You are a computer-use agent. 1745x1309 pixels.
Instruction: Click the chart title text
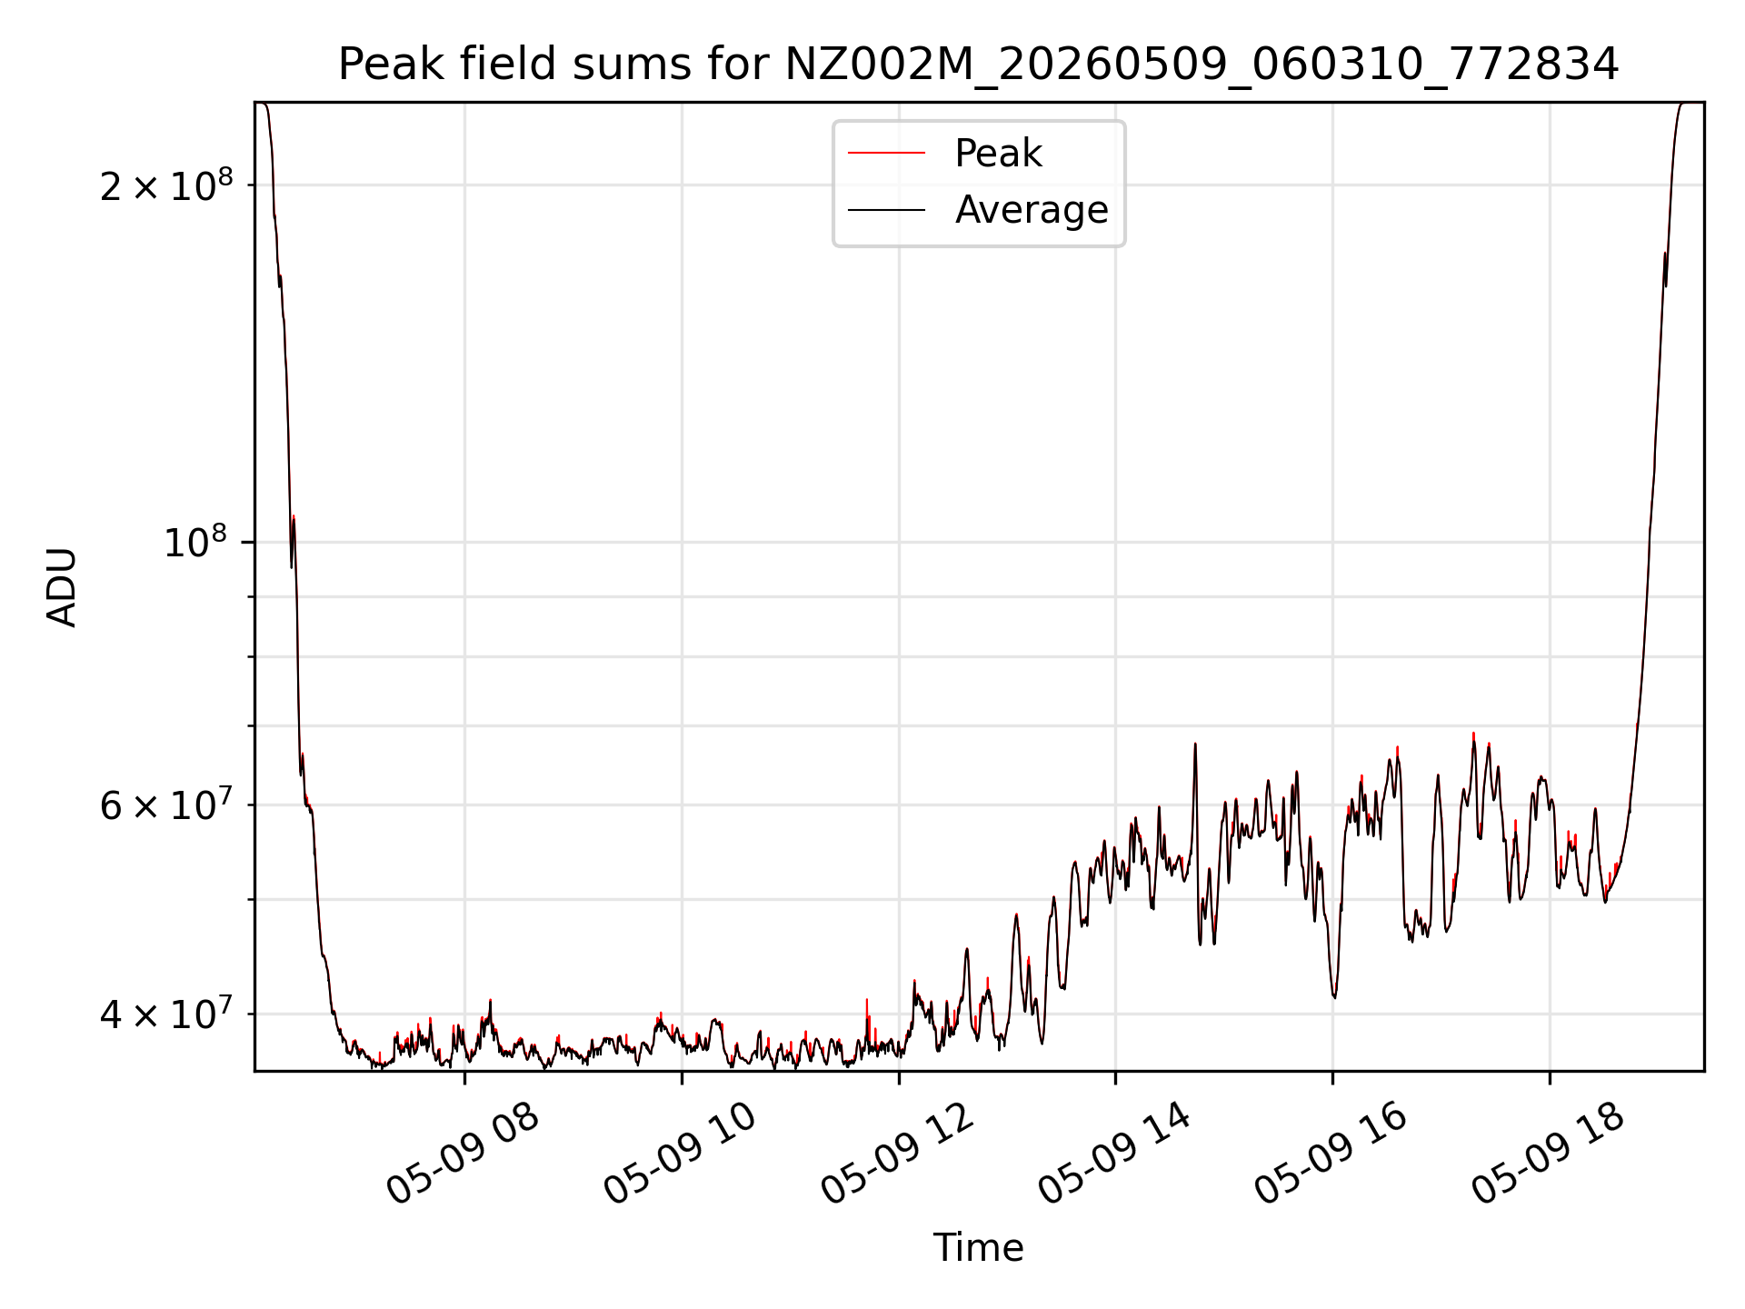(978, 65)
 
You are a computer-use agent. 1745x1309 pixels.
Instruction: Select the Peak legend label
(998, 154)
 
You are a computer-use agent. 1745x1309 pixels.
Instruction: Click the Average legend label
(1032, 210)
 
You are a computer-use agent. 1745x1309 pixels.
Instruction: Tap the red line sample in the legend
(886, 154)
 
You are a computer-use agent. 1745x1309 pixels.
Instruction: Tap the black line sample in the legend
(886, 210)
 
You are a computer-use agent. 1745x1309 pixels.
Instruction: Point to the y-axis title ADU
(62, 587)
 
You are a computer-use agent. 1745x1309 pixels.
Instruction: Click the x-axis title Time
(978, 1248)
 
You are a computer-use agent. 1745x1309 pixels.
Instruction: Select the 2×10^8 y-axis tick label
(166, 185)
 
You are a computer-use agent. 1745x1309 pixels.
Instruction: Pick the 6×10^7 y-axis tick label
(166, 804)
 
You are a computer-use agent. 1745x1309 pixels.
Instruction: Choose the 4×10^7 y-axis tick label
(166, 1014)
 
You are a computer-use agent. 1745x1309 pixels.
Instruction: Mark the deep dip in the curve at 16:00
(1333, 996)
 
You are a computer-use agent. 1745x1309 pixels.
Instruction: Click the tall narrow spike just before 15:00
(1195, 744)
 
